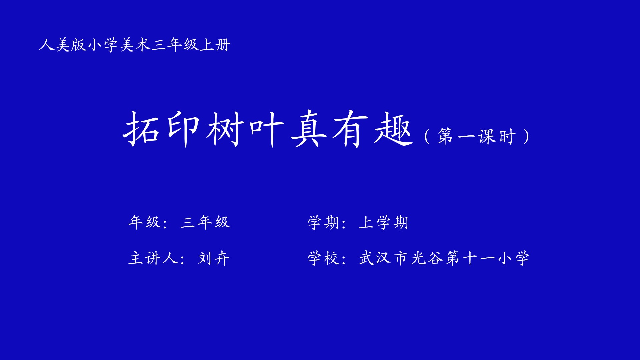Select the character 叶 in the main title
coord(266,129)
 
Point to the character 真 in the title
coord(308,129)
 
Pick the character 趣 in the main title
coord(394,129)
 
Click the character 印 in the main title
coord(183,129)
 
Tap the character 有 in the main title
coord(350,129)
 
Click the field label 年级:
coord(148,222)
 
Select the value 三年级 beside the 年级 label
coord(205,222)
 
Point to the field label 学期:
coord(327,223)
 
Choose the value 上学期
coord(384,223)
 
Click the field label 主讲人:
coord(156,258)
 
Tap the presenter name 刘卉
coord(214,258)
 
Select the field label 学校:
coord(327,258)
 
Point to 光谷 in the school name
coord(427,258)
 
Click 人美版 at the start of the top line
coord(63,45)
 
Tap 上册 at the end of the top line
coord(215,45)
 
